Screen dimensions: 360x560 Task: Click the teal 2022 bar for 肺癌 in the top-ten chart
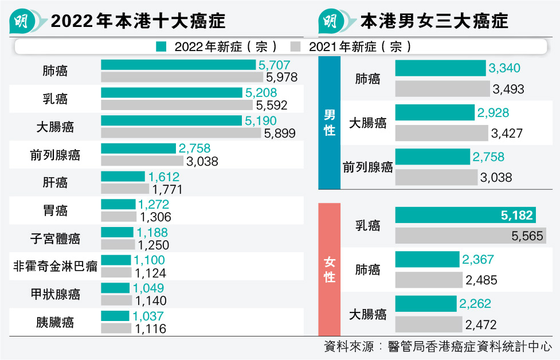(178, 65)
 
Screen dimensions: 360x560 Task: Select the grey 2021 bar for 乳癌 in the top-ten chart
(177, 105)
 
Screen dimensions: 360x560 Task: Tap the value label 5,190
(260, 120)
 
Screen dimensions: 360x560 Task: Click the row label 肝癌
(55, 183)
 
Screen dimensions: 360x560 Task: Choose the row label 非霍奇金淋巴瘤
(55, 267)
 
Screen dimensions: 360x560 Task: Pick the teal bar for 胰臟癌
(116, 316)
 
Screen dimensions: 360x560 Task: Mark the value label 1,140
(150, 300)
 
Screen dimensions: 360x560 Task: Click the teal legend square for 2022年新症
(161, 46)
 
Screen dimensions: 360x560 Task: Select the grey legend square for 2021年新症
(296, 46)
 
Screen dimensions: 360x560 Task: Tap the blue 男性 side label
(329, 123)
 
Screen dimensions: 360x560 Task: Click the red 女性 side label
(329, 270)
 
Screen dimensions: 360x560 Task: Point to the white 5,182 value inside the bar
(517, 216)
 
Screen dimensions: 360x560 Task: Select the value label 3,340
(504, 69)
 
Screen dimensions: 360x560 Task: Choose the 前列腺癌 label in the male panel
(368, 167)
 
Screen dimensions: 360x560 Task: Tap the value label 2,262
(475, 304)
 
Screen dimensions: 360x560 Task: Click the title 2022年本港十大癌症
(138, 22)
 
